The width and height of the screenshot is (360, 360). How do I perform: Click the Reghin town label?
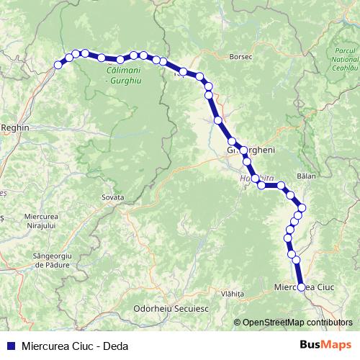pyautogui.click(x=14, y=127)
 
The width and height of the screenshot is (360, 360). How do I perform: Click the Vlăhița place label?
pyautogui.click(x=233, y=294)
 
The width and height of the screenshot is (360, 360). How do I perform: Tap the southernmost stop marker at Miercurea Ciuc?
pyautogui.click(x=302, y=287)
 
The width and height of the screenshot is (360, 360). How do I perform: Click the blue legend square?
pyautogui.click(x=11, y=345)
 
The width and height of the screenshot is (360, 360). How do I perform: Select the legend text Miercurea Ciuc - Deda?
pyautogui.click(x=70, y=345)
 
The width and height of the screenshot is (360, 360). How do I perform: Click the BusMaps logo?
pyautogui.click(x=331, y=344)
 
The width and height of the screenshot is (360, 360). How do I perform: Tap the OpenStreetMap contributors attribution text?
pyautogui.click(x=297, y=322)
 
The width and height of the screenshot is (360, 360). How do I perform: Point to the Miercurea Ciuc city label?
pyautogui.click(x=306, y=287)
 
